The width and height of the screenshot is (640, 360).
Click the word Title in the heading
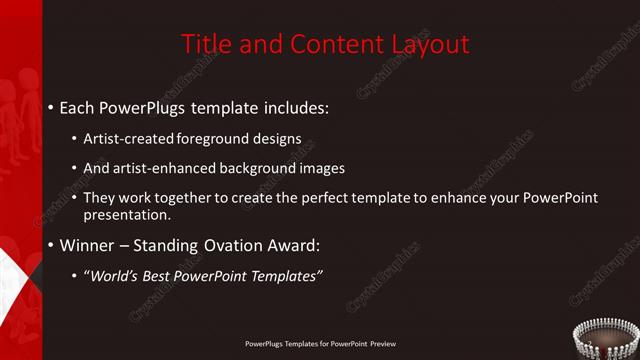(x=206, y=44)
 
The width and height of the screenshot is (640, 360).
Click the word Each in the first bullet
(x=79, y=106)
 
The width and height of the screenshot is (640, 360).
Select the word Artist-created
(x=129, y=139)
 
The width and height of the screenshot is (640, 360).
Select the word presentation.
(x=126, y=214)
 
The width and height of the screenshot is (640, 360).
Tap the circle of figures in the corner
(x=606, y=340)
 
